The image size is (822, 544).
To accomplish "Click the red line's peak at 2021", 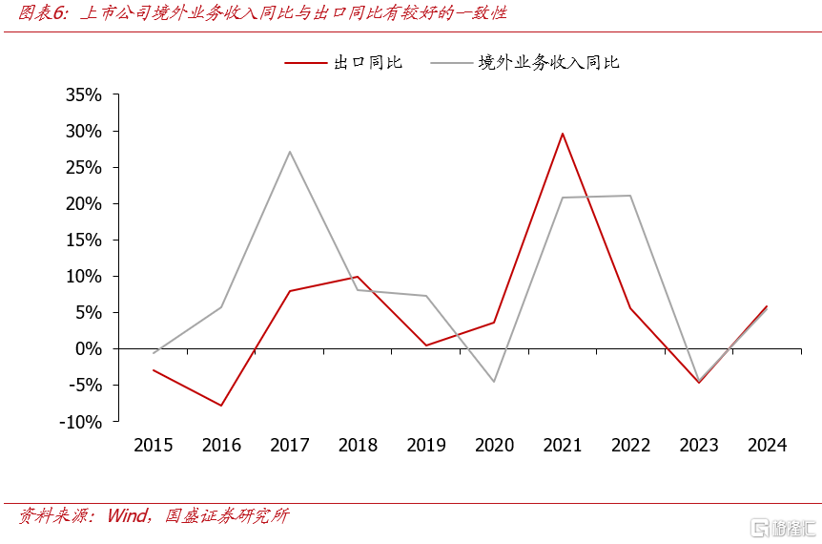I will [563, 134].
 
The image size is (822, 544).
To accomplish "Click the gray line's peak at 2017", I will [290, 152].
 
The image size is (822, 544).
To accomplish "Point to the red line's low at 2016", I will [221, 406].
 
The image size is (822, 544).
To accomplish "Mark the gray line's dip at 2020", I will [494, 382].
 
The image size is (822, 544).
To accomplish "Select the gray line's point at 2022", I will [630, 196].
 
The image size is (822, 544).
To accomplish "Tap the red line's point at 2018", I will [358, 277].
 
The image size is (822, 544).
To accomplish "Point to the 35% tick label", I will [84, 95].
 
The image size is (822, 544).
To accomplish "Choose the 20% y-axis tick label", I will [84, 204].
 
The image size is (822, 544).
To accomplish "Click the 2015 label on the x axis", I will [154, 446].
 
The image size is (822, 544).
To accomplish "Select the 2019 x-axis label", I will [426, 446].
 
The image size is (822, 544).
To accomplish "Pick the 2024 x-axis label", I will [767, 446].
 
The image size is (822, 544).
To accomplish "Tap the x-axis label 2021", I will [563, 446].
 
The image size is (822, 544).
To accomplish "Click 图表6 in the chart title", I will [43, 14].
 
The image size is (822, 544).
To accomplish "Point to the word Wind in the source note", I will [128, 516].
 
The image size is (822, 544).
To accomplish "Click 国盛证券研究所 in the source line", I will [226, 516].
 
